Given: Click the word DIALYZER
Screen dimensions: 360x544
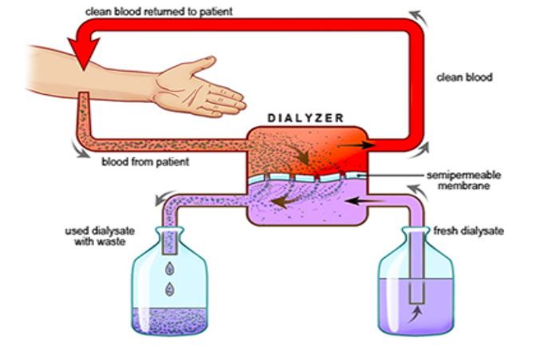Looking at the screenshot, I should point(306,117).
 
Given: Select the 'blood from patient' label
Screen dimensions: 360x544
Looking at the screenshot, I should point(145,162).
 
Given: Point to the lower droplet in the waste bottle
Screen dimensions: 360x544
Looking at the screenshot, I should point(170,288).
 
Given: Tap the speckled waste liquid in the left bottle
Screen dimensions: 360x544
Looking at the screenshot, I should point(171,319).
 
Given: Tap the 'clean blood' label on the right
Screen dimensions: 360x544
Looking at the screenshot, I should point(465,77).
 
